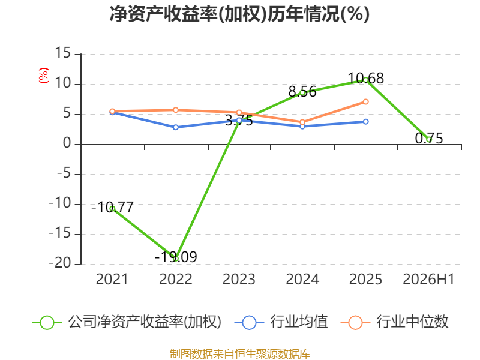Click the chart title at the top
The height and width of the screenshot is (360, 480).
pos(239,14)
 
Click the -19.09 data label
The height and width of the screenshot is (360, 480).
pos(176,257)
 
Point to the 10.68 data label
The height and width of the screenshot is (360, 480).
pos(366,79)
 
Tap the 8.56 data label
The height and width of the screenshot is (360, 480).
pos(302,92)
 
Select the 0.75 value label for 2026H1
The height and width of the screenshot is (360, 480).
pos(429,139)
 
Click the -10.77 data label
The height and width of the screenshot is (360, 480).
pos(113,208)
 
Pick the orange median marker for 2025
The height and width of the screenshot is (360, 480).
pos(365,101)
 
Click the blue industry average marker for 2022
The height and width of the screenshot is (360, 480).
pos(176,127)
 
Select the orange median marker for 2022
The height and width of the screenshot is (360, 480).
pos(176,110)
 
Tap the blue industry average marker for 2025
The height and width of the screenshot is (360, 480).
pos(365,122)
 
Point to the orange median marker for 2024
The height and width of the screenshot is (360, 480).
pos(302,122)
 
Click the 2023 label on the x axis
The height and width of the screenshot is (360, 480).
pos(239,279)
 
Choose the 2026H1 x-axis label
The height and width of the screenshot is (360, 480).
pos(428,279)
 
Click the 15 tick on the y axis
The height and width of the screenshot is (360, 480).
pos(63,53)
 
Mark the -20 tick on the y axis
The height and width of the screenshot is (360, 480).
pos(60,263)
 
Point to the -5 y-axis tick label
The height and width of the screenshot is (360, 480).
pos(64,173)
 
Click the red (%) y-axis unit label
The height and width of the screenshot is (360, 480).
pos(43,76)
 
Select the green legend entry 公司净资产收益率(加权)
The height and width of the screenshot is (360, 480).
pos(127,322)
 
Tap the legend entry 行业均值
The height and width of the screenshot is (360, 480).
pos(281,322)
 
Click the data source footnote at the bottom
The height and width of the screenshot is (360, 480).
pos(240,354)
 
